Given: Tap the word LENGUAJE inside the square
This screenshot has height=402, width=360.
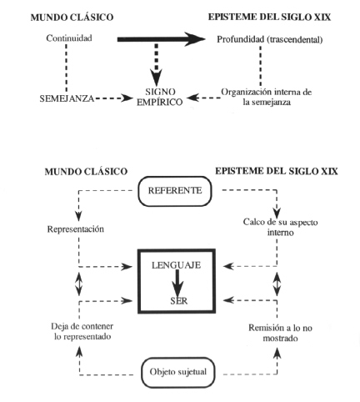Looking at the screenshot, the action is [x=176, y=265].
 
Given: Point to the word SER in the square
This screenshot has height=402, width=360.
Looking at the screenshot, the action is [x=179, y=301].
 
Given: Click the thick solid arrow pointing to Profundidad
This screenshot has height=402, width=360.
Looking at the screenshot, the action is [x=162, y=39].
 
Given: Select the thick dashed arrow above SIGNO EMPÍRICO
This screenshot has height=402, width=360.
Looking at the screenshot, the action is [x=157, y=64].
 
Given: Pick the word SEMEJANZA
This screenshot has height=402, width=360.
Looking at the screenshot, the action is [x=67, y=98].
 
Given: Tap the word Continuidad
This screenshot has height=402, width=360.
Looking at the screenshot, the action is [x=69, y=38].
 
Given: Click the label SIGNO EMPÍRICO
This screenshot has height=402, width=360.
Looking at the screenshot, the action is [x=160, y=97].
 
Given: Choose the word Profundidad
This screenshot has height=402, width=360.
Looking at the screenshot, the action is [x=241, y=39].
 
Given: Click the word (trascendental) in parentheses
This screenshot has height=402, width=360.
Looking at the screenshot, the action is [x=295, y=39].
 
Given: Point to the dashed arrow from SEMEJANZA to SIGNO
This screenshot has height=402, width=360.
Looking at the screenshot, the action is [x=114, y=98].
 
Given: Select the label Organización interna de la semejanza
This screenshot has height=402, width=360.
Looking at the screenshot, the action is [x=267, y=97].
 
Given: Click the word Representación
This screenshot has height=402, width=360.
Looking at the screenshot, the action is [x=76, y=229].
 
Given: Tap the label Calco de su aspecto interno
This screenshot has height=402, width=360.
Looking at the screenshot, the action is [x=280, y=227].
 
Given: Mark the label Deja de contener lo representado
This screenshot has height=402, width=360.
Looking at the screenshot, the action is [x=82, y=331].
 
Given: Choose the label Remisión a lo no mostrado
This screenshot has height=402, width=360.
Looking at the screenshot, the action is [x=280, y=333].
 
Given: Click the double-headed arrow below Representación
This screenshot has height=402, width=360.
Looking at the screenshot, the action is [x=79, y=284].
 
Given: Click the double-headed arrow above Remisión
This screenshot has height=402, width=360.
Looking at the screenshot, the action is [x=277, y=284].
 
